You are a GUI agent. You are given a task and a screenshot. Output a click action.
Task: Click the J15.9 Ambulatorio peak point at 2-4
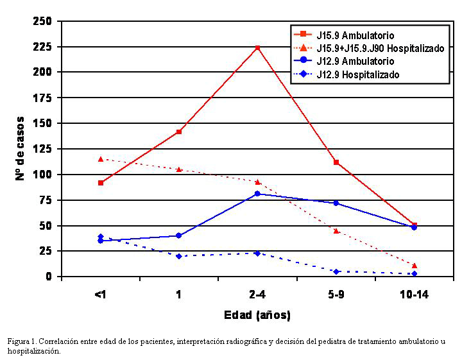tap(257, 47)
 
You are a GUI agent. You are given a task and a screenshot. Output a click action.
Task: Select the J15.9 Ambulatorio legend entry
tap(355, 34)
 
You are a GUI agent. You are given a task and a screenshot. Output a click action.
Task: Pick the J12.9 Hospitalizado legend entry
tap(357, 74)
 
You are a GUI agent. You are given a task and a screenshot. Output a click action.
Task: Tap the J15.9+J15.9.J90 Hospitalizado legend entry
tap(380, 48)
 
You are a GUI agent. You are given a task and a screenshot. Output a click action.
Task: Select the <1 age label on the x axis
tap(101, 295)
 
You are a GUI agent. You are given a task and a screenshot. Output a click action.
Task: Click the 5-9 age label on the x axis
tap(336, 295)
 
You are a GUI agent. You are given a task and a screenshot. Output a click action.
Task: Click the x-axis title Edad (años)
tap(257, 315)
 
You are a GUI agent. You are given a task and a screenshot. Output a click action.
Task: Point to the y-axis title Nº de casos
tap(21, 148)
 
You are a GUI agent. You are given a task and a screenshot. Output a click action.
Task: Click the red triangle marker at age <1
tap(101, 159)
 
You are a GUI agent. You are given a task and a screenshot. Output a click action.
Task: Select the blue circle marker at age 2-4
tap(257, 193)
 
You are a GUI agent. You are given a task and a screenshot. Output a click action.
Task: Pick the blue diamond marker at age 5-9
tap(336, 271)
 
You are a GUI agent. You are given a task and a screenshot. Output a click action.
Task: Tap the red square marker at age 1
tap(179, 132)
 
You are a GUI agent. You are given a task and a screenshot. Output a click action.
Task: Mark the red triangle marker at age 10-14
tap(414, 265)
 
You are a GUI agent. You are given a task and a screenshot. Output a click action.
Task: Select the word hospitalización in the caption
tap(35, 350)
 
